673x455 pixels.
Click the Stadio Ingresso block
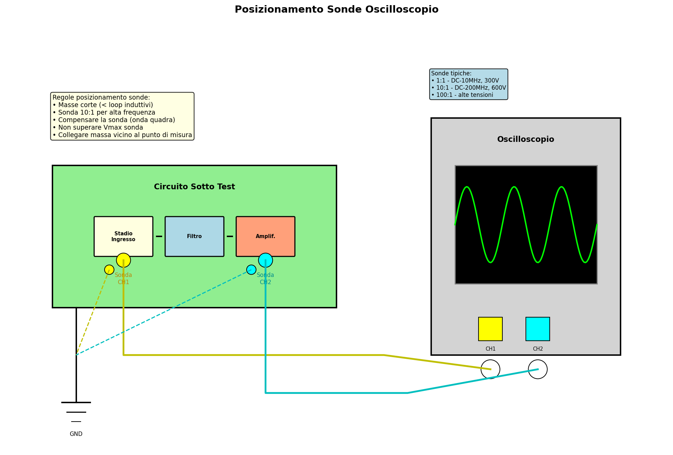pos(123,236)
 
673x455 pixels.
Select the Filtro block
pos(194,236)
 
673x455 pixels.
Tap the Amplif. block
pos(265,236)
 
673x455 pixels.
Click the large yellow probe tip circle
pos(123,260)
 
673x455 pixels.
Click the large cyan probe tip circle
pos(265,260)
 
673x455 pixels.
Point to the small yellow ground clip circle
pos(109,269)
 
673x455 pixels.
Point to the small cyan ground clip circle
pos(251,269)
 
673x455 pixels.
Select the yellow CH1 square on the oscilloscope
pos(490,329)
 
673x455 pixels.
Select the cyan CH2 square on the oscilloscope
pos(537,329)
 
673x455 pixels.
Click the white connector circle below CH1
pos(490,369)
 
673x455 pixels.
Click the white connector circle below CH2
pos(537,369)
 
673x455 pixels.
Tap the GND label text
pos(76,434)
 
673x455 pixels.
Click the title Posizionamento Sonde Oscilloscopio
pos(336,10)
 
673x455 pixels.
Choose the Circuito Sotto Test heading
pos(194,187)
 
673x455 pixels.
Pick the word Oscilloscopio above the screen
pos(525,140)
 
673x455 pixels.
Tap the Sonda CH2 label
pos(265,278)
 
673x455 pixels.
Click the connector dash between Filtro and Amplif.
pos(230,236)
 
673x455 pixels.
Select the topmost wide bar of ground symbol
pos(76,402)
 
